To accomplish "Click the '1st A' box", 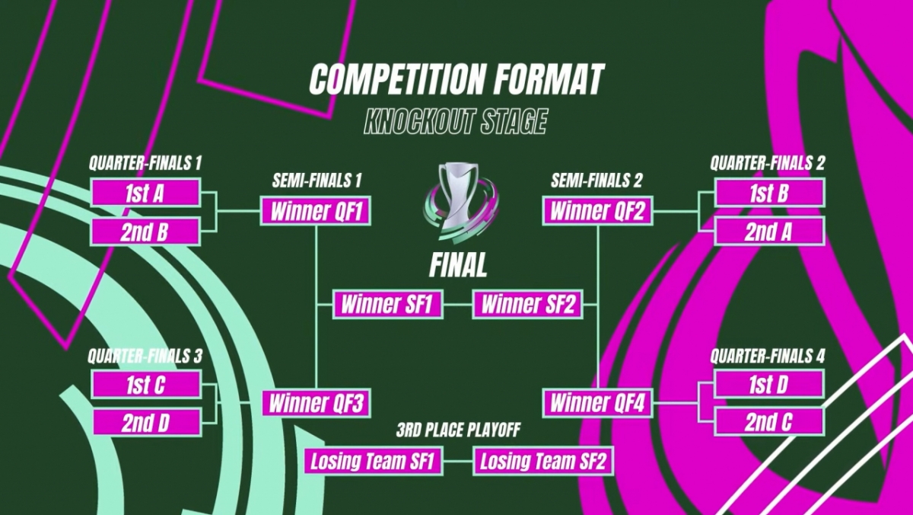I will [145, 193].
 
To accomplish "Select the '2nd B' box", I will [145, 232].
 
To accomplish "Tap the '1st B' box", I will [769, 193].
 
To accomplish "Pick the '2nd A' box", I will [769, 231].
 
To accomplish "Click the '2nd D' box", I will [145, 422].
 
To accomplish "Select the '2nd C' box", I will [769, 421].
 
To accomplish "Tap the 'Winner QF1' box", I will [315, 211].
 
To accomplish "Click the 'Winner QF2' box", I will [597, 211].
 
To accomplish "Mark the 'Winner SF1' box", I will [387, 305].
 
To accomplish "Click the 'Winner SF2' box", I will [527, 305].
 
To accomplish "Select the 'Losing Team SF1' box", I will [374, 461].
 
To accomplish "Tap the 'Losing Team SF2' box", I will [543, 461].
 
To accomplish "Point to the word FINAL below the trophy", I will [457, 266].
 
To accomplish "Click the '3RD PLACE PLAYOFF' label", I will [457, 431].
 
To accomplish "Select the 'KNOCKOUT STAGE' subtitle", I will [456, 122].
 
